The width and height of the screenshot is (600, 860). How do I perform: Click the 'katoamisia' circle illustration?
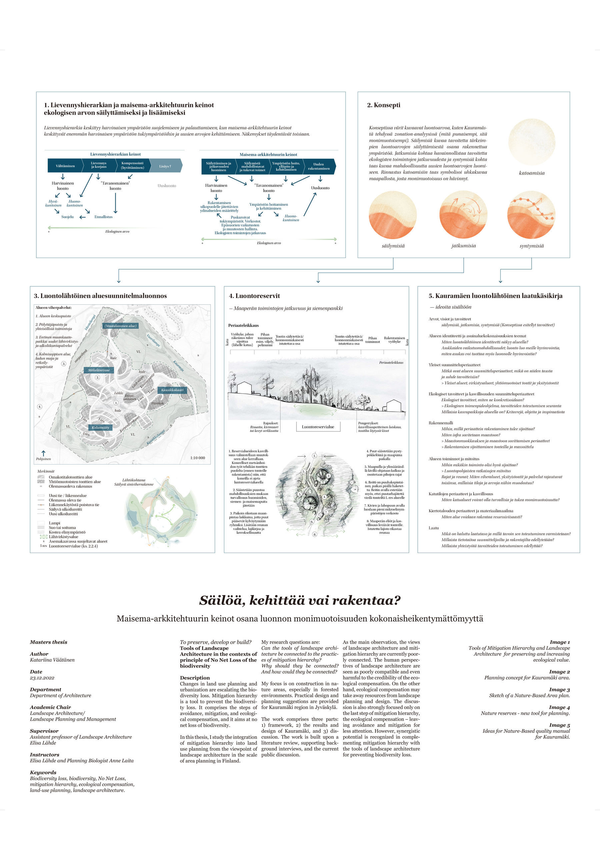(531, 142)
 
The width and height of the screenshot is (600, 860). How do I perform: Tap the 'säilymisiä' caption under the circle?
(393, 246)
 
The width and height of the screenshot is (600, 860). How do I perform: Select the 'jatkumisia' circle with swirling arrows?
(463, 214)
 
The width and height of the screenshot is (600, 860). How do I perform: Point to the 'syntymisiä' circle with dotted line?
(531, 215)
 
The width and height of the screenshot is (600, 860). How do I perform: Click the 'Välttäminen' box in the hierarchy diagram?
(65, 166)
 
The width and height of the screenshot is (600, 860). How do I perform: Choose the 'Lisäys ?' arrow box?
(165, 166)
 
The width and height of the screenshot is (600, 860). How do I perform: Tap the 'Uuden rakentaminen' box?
(319, 166)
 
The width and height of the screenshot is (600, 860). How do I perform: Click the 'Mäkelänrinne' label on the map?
(99, 370)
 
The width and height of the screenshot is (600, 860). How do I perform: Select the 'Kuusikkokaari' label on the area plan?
(172, 390)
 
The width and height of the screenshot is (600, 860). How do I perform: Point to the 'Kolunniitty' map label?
(100, 427)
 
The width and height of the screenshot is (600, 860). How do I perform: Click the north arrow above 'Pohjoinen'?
(43, 453)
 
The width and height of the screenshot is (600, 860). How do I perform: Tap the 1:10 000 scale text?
(197, 458)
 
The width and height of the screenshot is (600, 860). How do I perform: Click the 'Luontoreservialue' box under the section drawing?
(318, 427)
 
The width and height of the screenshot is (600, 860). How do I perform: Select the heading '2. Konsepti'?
(384, 105)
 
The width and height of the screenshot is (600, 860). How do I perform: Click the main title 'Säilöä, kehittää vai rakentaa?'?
(300, 600)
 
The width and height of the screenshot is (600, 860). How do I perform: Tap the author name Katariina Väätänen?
(52, 660)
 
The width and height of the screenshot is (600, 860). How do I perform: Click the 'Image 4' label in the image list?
(560, 707)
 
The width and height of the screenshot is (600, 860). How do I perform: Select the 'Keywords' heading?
(43, 772)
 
